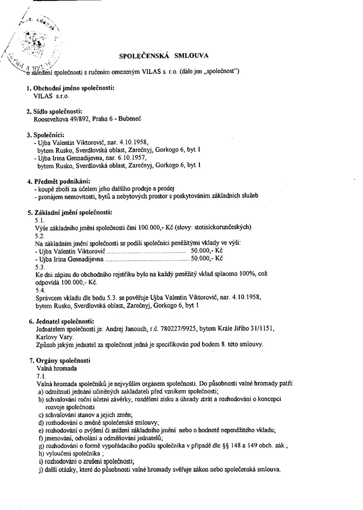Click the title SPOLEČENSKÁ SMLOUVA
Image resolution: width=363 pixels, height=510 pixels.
coord(163,55)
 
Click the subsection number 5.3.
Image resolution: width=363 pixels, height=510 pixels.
coord(40,266)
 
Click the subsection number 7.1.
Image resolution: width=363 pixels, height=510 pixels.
coord(40,376)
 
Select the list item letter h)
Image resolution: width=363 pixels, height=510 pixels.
coord(41,453)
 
